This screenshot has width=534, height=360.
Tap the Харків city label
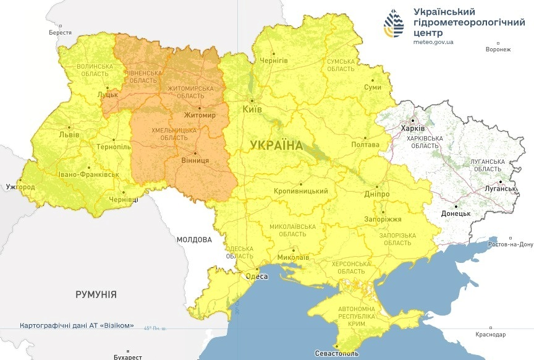point(413,128)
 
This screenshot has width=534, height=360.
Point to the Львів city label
point(69,134)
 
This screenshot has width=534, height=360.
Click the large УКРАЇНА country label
point(276,146)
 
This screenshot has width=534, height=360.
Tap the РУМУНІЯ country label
point(96,294)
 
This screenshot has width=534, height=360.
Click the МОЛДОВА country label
point(193,239)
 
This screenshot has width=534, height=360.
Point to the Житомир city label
point(200,115)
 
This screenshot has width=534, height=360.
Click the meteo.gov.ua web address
point(433,42)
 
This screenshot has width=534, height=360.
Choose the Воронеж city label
point(498,49)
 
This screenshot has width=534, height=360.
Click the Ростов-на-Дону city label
point(510,244)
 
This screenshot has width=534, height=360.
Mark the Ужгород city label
point(19,186)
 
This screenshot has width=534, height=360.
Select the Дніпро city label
point(377,194)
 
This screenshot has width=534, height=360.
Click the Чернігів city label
point(274,61)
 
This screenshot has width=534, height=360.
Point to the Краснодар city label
point(491,335)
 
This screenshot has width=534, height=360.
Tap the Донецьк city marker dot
point(456,206)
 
